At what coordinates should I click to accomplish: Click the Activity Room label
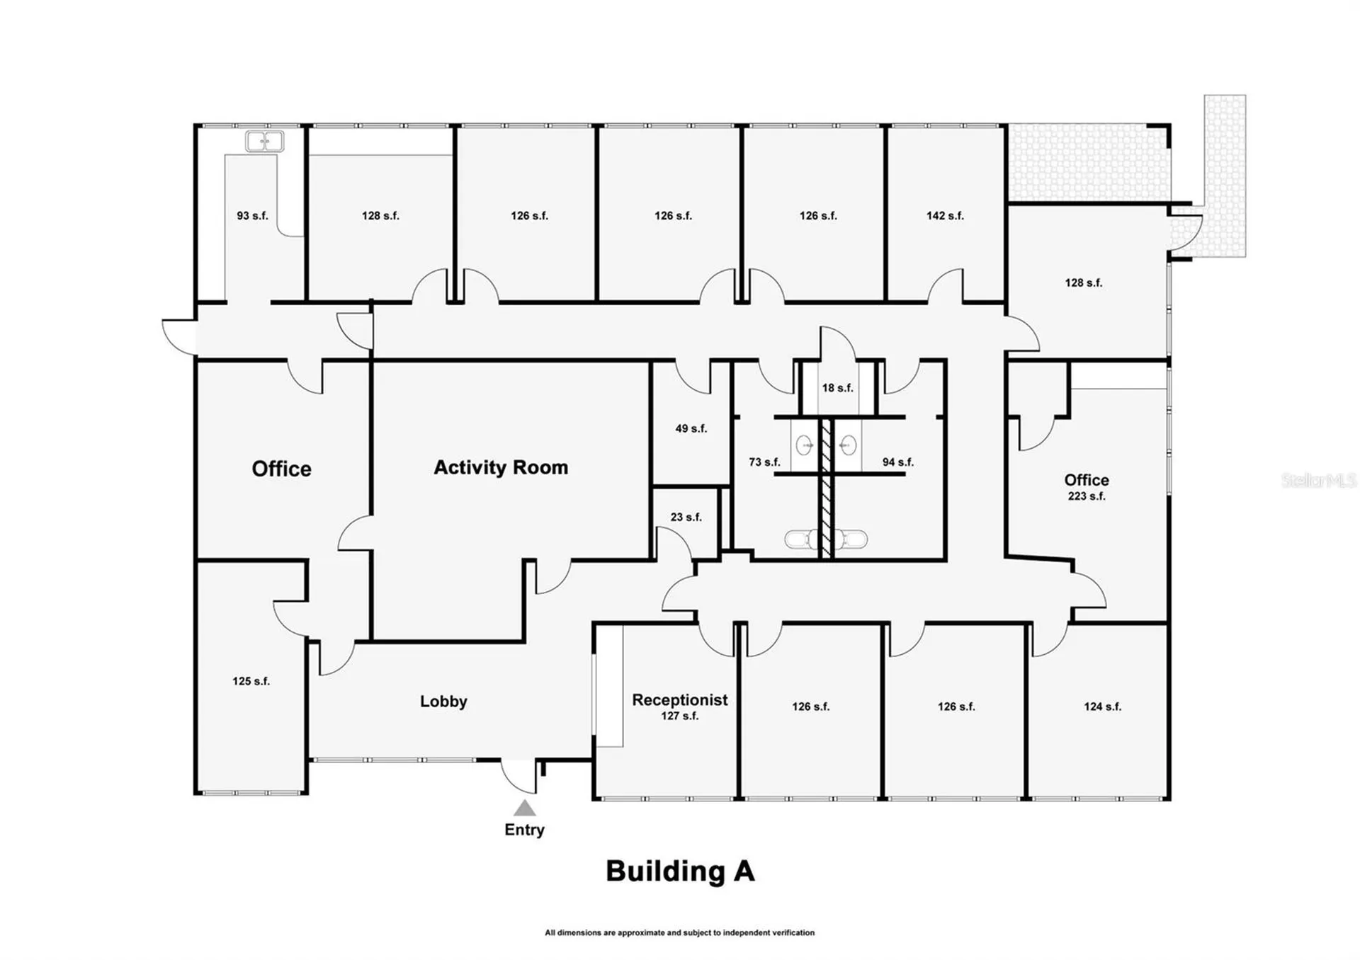[501, 467]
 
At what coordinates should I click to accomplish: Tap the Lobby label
[443, 702]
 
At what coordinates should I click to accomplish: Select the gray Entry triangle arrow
[524, 808]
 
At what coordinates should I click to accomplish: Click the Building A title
[680, 872]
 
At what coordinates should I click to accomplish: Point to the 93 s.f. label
[252, 216]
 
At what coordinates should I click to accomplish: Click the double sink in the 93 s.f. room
[264, 142]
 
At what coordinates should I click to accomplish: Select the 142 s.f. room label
[945, 216]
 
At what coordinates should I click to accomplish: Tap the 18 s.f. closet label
[837, 388]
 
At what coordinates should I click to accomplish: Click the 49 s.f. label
[691, 429]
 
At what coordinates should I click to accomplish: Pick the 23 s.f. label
[686, 518]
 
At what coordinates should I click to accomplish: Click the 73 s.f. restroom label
[764, 462]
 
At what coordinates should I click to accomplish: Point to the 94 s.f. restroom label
[897, 462]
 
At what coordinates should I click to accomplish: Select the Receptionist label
[679, 700]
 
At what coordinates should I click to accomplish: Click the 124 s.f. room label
[1102, 707]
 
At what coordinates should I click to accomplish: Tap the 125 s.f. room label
[251, 681]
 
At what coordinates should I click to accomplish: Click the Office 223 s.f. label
[1087, 486]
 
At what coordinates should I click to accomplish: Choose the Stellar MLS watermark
[1319, 481]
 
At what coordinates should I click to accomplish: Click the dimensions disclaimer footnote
[679, 933]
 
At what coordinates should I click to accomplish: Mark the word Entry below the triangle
[524, 830]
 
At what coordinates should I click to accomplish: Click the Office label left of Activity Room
[281, 469]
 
